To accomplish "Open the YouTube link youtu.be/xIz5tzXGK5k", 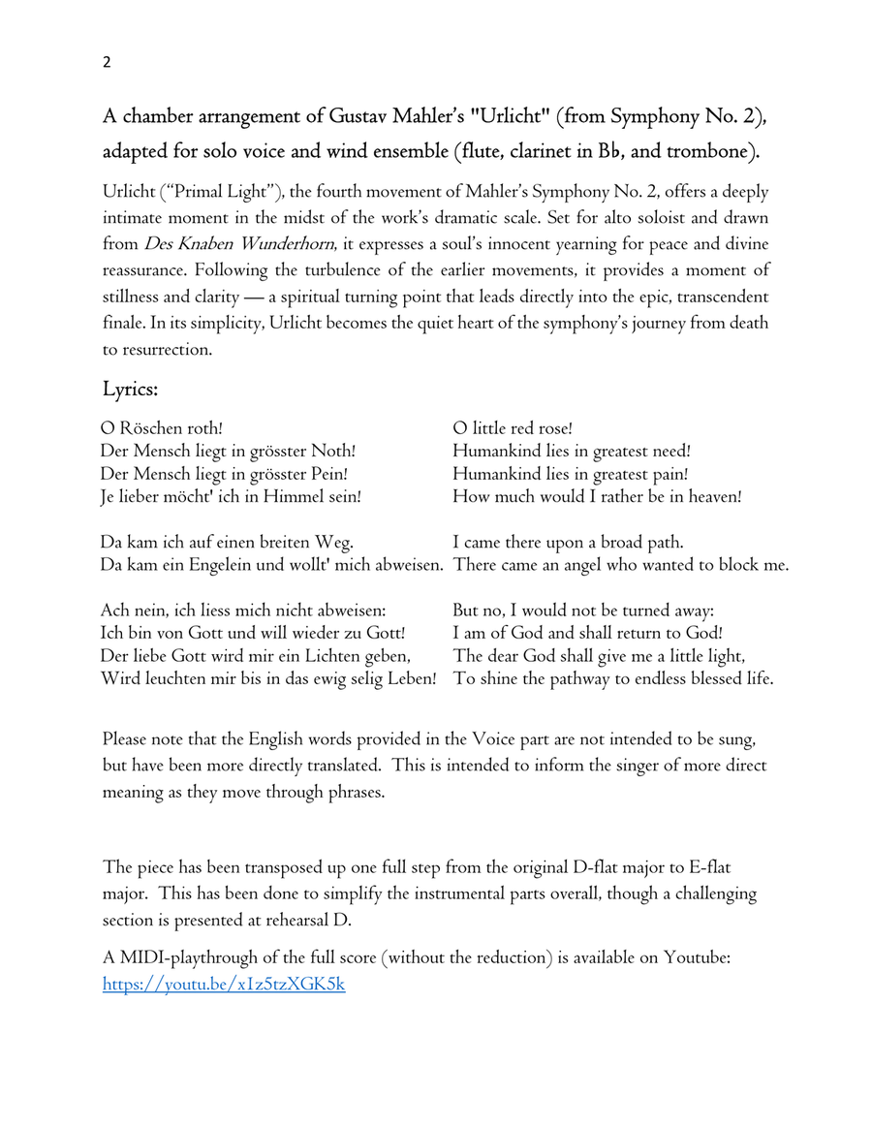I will coord(223,985).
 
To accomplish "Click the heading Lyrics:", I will coord(131,390).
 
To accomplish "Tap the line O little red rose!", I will coord(513,427).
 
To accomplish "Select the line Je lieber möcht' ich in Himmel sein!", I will coord(231,497).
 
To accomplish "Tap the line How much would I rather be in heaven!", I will coord(597,497).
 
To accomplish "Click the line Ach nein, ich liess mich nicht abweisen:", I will coord(244,611).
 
